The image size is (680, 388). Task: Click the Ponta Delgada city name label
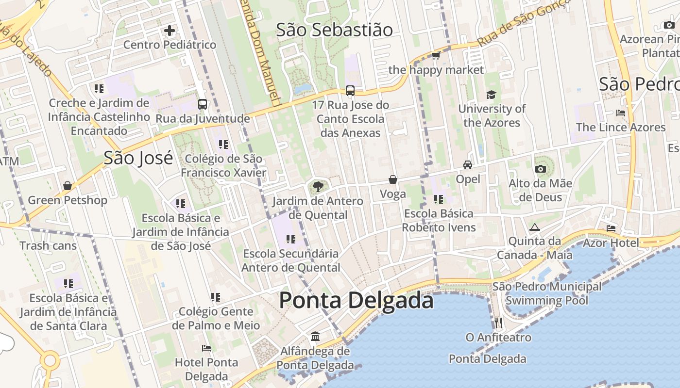pyautogui.click(x=356, y=300)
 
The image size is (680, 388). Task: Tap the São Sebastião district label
pyautogui.click(x=334, y=30)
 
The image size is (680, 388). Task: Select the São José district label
pyautogui.click(x=138, y=158)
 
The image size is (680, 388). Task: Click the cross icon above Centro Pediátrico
pyautogui.click(x=170, y=31)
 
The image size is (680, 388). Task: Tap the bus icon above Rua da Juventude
pyautogui.click(x=203, y=104)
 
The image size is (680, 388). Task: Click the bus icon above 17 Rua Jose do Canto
pyautogui.click(x=350, y=91)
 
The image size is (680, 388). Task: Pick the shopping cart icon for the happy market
pyautogui.click(x=436, y=56)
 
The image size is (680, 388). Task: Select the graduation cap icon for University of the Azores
pyautogui.click(x=492, y=95)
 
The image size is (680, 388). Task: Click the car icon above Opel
pyautogui.click(x=468, y=165)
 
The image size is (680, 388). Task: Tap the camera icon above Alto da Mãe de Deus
pyautogui.click(x=540, y=169)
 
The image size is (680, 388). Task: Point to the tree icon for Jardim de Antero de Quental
pyautogui.click(x=318, y=186)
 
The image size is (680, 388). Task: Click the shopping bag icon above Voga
pyautogui.click(x=393, y=180)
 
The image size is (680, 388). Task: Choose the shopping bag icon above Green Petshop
pyautogui.click(x=68, y=186)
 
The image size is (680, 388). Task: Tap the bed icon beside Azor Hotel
pyautogui.click(x=611, y=228)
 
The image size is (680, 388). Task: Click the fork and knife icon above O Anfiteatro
pyautogui.click(x=498, y=323)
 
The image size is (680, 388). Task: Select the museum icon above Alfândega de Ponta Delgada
pyautogui.click(x=315, y=336)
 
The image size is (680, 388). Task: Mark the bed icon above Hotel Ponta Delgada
pyautogui.click(x=206, y=348)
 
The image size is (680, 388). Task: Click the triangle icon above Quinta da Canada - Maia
pyautogui.click(x=535, y=227)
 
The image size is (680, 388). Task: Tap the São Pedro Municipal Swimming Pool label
pyautogui.click(x=547, y=293)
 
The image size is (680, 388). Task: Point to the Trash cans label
pyautogui.click(x=48, y=246)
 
